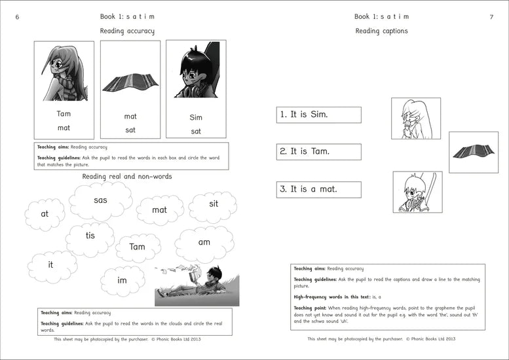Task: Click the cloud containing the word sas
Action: [x=100, y=200]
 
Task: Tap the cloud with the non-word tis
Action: [x=90, y=236]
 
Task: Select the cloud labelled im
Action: [x=123, y=280]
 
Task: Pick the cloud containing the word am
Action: [x=204, y=242]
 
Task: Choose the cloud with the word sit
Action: [x=214, y=204]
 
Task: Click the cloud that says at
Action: [x=45, y=214]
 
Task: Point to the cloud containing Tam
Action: [x=138, y=247]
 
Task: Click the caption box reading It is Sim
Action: [x=319, y=115]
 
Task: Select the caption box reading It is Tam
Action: [x=319, y=152]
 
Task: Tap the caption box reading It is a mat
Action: [x=319, y=189]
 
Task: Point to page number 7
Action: [x=491, y=17]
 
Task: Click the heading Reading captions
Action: [x=381, y=31]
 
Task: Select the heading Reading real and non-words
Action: [x=127, y=177]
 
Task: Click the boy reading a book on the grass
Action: [x=197, y=283]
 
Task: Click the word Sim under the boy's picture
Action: [x=196, y=118]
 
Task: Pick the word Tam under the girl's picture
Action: [x=64, y=114]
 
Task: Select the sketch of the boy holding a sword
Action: [x=417, y=192]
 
